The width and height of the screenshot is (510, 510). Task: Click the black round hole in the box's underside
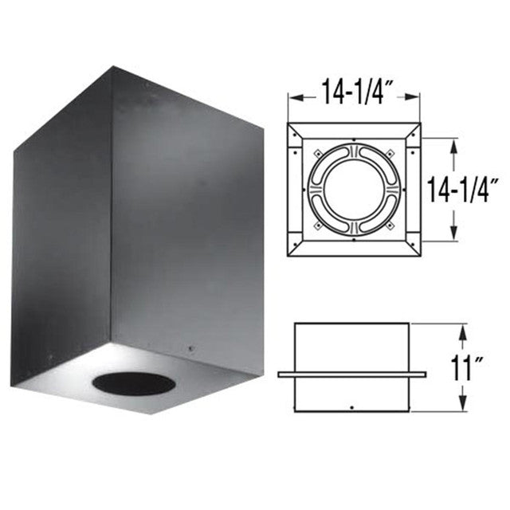coord(133,383)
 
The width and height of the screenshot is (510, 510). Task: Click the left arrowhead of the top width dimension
coord(292,97)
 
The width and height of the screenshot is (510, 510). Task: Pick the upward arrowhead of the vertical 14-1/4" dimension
coord(453,143)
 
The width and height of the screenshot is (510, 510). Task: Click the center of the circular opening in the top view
coord(351,188)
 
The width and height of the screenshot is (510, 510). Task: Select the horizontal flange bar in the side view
coord(351,374)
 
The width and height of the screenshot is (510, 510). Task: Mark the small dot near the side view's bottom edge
coord(351,407)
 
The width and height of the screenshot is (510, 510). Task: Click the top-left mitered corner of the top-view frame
coord(292,127)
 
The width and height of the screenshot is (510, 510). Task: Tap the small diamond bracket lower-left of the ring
coord(315,226)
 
